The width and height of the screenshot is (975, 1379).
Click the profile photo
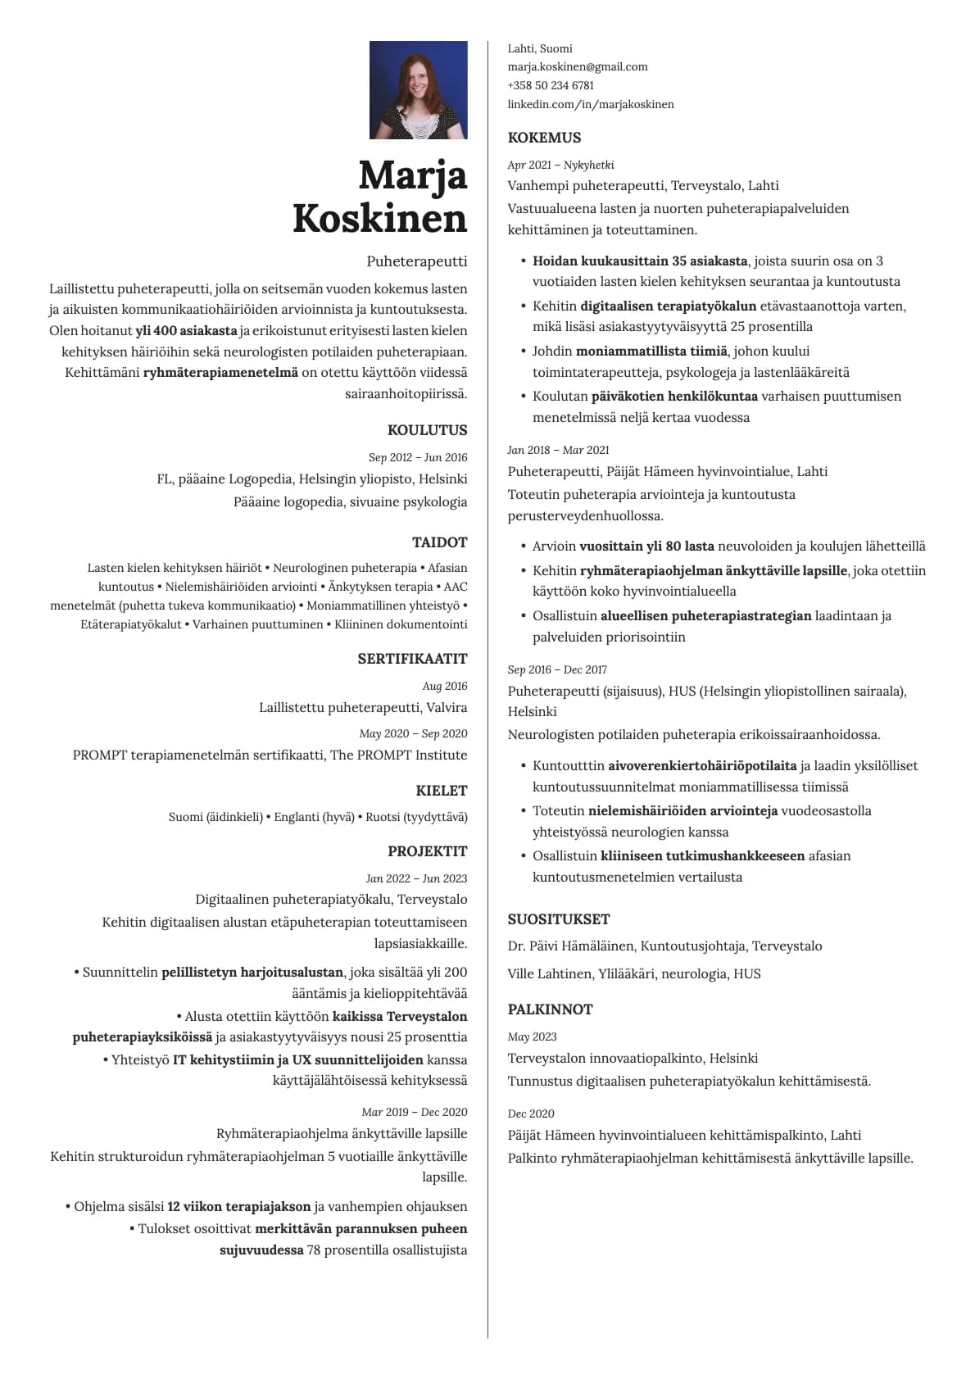click(418, 90)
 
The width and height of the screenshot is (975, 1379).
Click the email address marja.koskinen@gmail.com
click(577, 67)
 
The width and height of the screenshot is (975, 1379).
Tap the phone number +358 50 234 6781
click(551, 85)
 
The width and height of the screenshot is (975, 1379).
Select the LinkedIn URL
click(590, 104)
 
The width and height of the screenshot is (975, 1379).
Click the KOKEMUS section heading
click(544, 138)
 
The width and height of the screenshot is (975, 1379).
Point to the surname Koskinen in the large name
click(380, 218)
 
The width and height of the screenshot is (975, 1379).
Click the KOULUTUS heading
click(427, 430)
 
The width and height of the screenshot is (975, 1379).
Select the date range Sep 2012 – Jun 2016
click(418, 457)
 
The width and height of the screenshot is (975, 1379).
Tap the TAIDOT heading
click(439, 542)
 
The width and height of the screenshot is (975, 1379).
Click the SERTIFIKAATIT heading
click(412, 659)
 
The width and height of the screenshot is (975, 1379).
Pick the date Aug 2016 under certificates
click(445, 686)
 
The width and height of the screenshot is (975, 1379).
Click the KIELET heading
click(441, 791)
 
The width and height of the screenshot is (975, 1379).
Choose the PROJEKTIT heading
click(427, 851)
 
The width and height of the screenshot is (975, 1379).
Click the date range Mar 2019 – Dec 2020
click(414, 1112)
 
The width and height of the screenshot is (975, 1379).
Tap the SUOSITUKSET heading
click(558, 919)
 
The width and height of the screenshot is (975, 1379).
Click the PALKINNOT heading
click(549, 1009)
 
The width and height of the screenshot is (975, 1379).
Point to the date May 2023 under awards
click(532, 1037)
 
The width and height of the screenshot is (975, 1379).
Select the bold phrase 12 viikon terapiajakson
click(238, 1207)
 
